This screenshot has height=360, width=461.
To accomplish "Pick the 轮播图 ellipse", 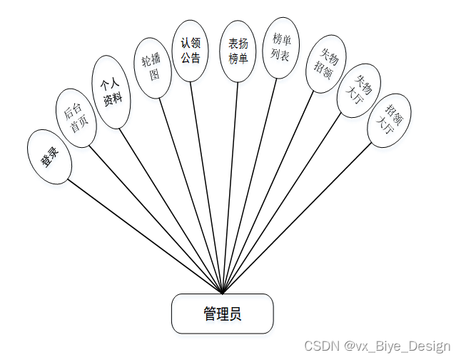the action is pyautogui.click(x=153, y=67).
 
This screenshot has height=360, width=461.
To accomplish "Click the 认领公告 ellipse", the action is pyautogui.click(x=191, y=51).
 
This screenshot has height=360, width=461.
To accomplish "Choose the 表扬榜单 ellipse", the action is pyautogui.click(x=238, y=51).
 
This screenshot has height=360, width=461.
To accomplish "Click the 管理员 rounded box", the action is pyautogui.click(x=222, y=314).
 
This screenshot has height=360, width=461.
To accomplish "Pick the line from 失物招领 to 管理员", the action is pyautogui.click(x=268, y=193).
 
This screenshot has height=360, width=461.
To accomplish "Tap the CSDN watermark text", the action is pyautogui.click(x=378, y=346).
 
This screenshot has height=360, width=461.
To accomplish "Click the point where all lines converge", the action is pyautogui.click(x=223, y=293).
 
